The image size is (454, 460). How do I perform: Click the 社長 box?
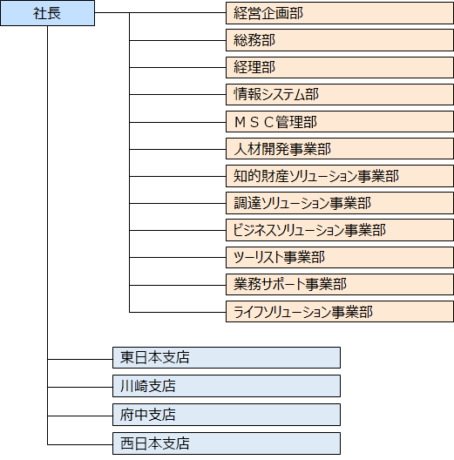point(47,13)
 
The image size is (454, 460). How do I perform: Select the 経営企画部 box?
point(339,13)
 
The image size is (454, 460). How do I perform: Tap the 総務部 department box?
point(339,40)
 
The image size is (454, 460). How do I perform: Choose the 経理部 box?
point(339,67)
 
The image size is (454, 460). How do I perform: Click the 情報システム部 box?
point(339,94)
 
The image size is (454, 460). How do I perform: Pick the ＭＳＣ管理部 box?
point(339,122)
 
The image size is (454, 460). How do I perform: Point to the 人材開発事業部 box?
point(339,149)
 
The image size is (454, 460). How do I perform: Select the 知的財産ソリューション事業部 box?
point(339,176)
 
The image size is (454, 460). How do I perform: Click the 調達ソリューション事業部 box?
point(339,203)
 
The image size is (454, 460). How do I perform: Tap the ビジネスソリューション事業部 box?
point(339,230)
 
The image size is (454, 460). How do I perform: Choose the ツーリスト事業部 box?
point(339,257)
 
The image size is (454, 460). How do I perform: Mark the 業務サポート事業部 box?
point(339,284)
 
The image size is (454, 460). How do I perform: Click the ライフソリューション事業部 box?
point(339,312)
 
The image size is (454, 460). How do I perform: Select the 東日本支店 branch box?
point(226,357)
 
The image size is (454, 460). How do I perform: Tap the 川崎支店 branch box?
point(226,386)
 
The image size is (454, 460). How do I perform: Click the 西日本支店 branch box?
point(226,443)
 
